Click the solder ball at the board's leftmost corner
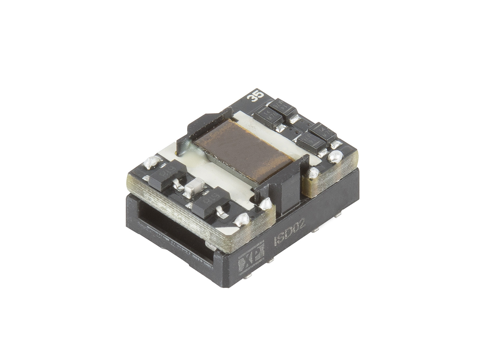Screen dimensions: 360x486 click(x=150, y=162)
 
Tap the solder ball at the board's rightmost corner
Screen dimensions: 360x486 click(x=335, y=156)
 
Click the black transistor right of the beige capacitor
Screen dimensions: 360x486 click(x=211, y=201)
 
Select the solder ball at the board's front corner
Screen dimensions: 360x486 click(x=242, y=219)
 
